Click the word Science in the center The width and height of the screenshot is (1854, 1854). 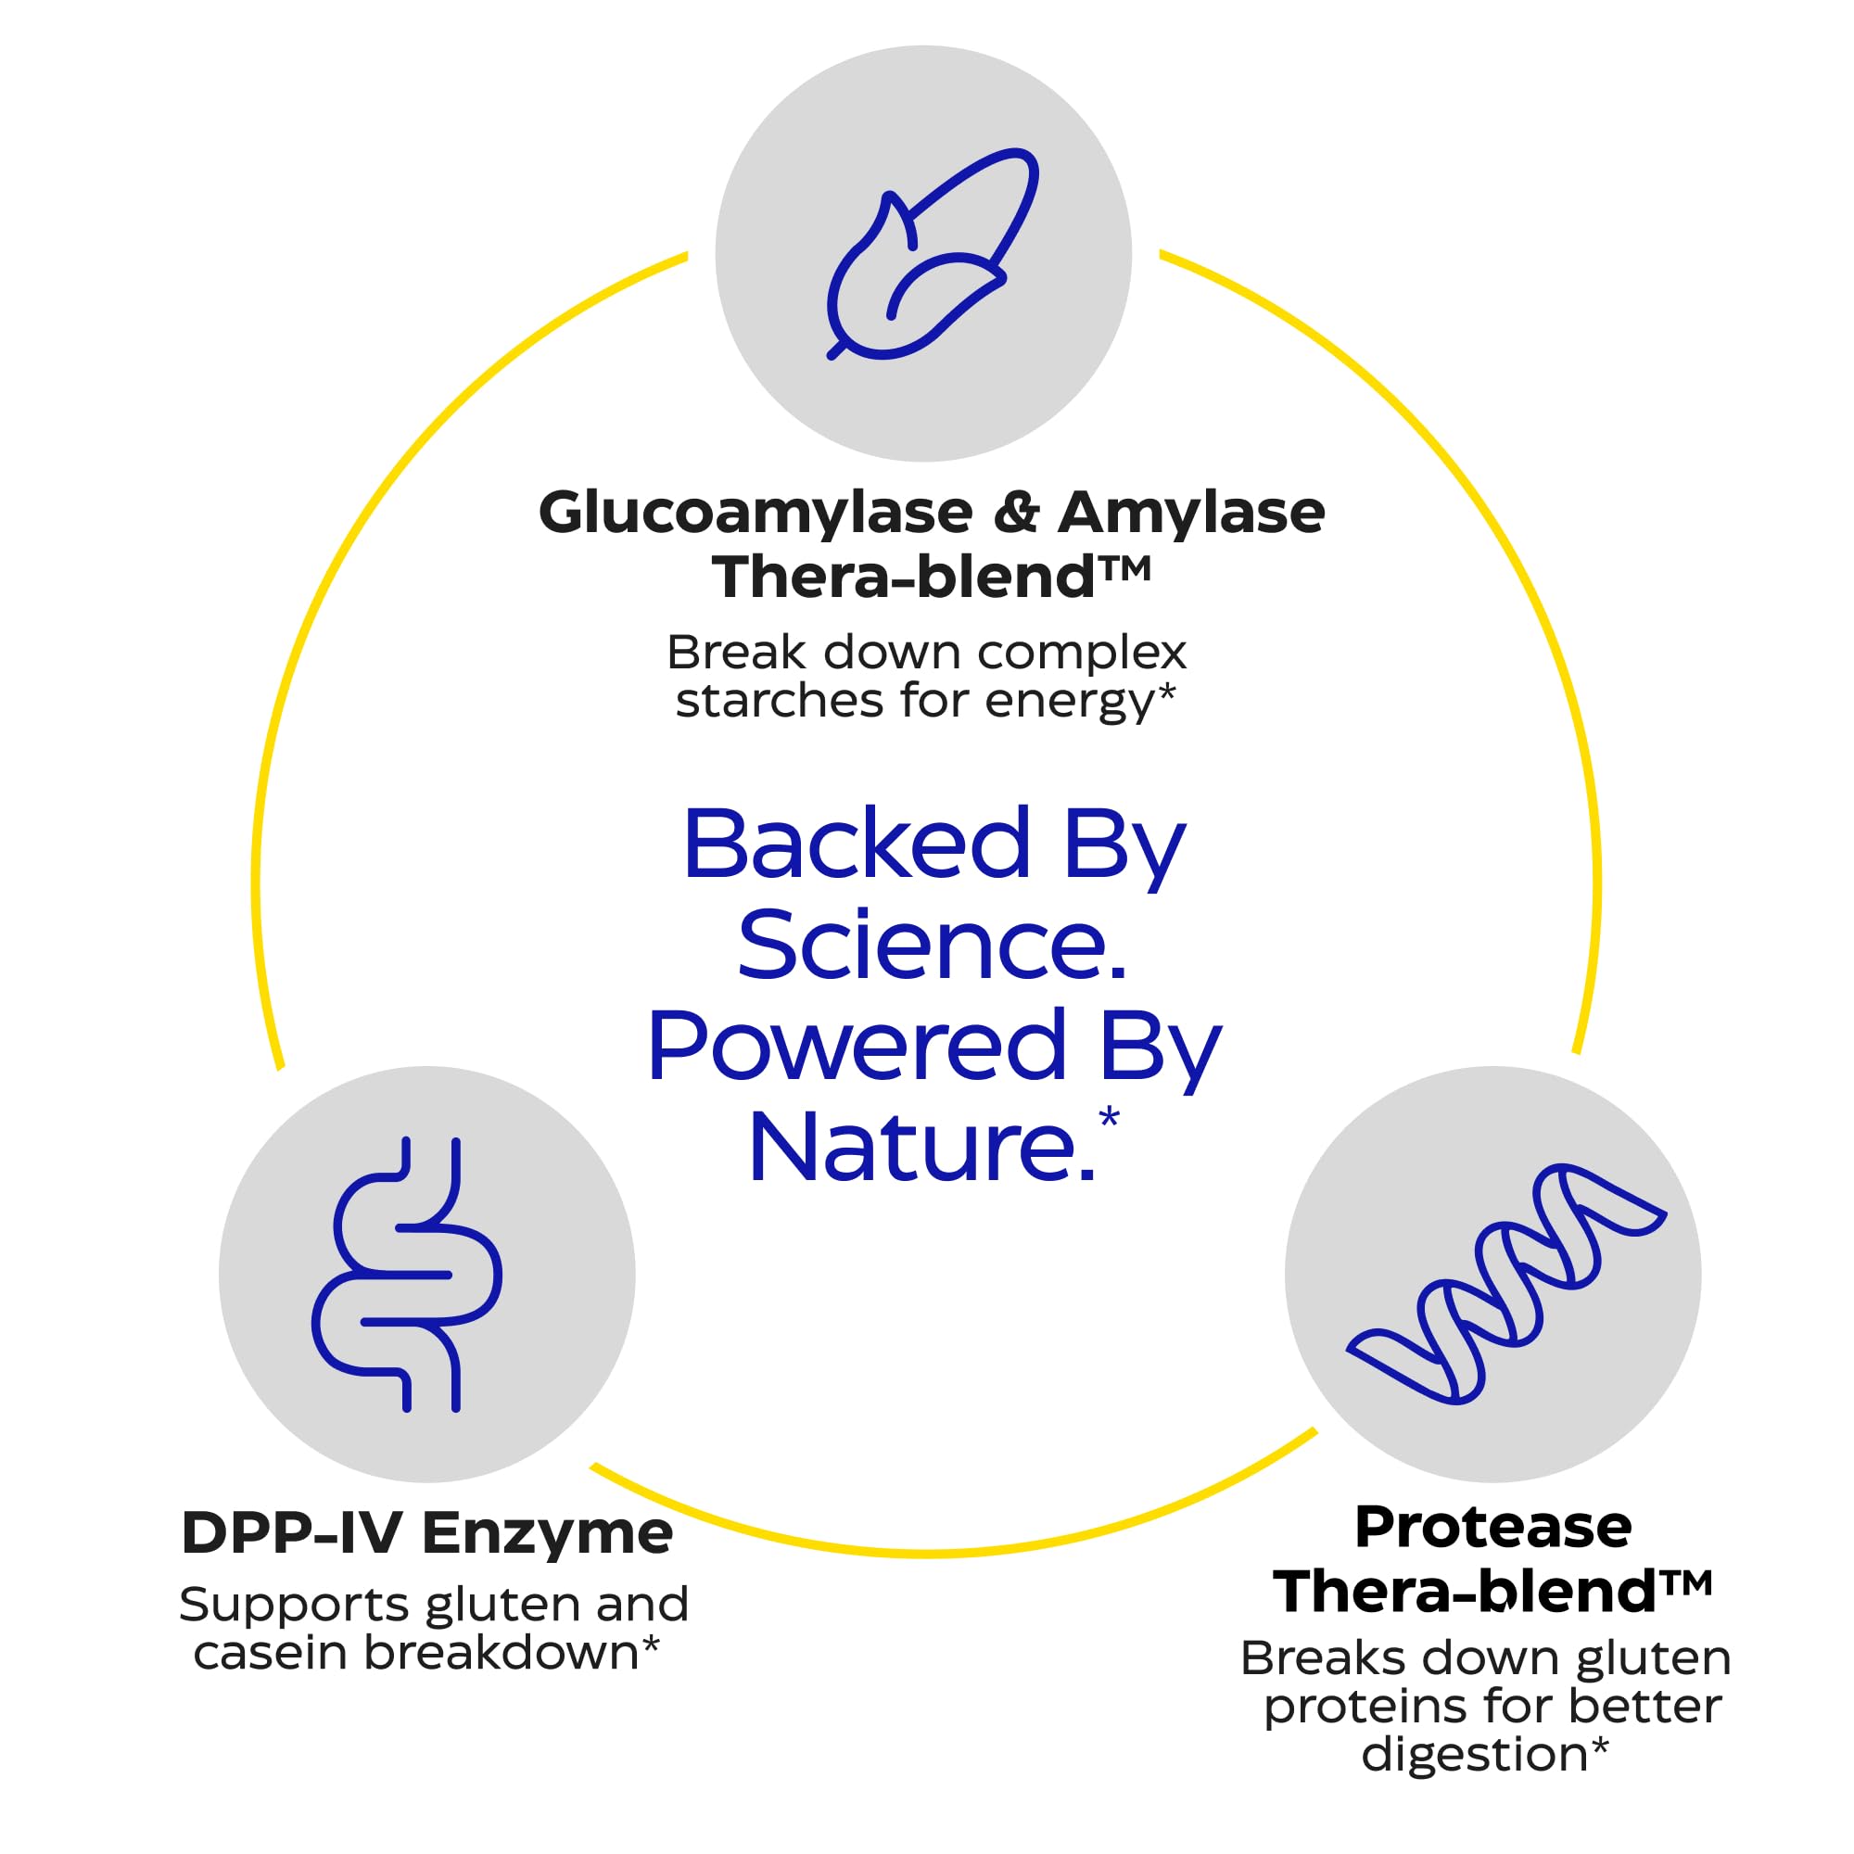point(931,946)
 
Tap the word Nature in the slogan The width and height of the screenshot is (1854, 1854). point(921,1148)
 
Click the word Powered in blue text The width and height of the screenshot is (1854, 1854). point(856,1046)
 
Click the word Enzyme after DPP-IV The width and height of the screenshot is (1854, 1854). point(547,1533)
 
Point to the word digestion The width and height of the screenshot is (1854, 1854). point(1474,1754)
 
